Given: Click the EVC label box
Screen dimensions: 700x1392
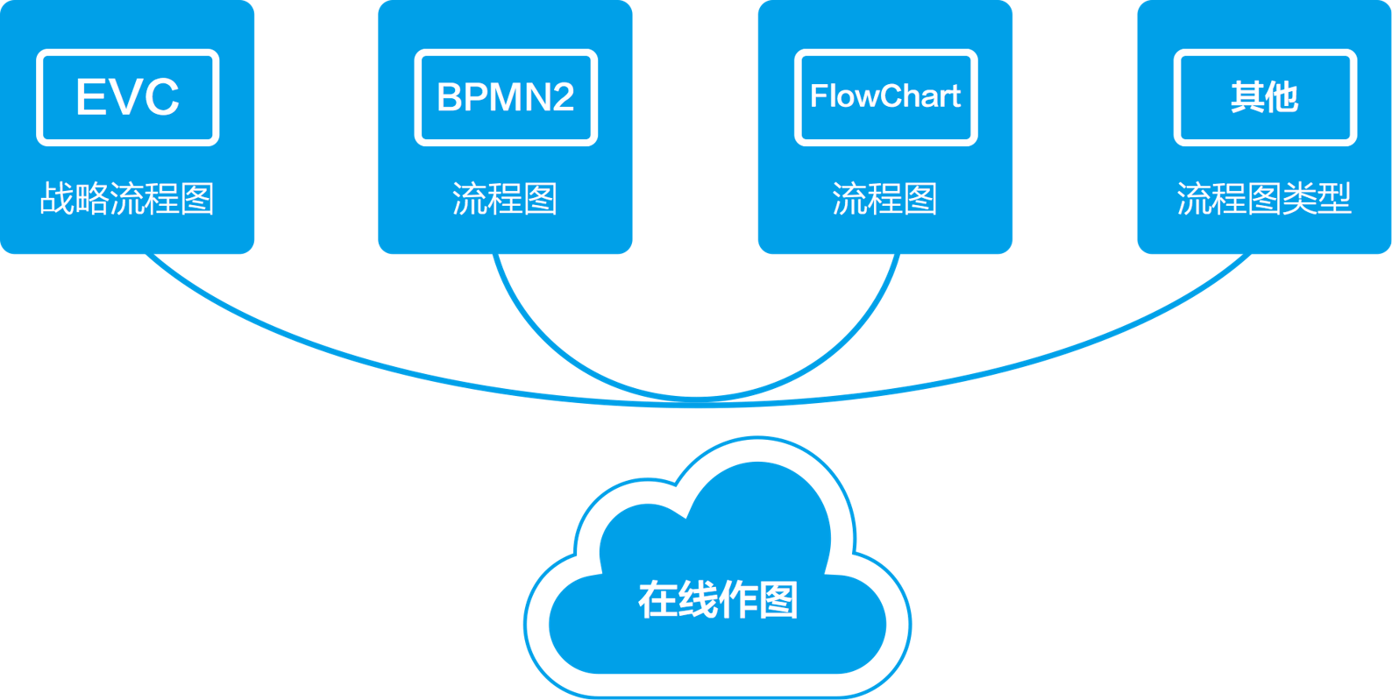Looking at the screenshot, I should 127,97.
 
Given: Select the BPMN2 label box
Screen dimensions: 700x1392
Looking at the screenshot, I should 506,97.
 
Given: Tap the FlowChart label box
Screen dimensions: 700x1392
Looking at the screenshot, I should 885,97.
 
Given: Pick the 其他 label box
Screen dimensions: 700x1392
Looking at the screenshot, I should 1265,97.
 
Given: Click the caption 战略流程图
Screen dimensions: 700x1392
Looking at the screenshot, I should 127,199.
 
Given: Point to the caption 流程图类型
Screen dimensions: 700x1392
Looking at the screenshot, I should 1264,199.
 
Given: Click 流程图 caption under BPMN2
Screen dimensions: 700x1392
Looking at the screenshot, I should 505,199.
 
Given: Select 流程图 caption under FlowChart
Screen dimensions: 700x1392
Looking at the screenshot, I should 884,199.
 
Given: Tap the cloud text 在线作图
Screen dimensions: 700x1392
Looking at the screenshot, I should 718,600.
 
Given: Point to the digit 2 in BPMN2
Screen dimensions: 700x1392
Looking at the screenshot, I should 562,97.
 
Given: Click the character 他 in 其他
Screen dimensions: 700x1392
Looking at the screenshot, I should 1282,97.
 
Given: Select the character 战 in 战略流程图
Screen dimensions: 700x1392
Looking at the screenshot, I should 57,199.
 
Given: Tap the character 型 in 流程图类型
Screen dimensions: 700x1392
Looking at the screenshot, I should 1334,199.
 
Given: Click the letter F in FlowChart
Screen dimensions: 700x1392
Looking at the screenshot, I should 818,96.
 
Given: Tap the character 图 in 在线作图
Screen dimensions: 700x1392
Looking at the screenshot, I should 778,600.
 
